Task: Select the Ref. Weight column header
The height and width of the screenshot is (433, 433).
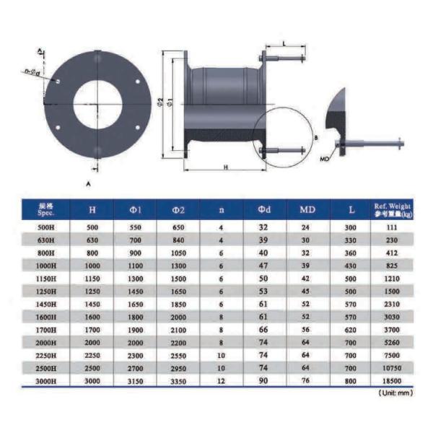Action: point(392,210)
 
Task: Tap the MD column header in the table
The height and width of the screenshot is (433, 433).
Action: point(306,210)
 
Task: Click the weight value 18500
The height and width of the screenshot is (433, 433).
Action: point(392,380)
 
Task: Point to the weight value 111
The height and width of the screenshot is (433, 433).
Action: point(392,227)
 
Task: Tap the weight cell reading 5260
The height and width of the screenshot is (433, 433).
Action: point(392,341)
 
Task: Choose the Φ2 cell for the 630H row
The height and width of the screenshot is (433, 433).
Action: point(179,240)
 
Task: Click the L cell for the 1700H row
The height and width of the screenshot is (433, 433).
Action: point(351,329)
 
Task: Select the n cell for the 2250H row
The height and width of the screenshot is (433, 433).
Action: point(222,354)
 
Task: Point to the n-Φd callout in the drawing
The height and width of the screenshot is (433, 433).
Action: point(31,71)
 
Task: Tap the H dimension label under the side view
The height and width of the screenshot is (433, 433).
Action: point(225,167)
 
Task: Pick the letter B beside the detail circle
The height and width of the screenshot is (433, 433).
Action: point(315,136)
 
